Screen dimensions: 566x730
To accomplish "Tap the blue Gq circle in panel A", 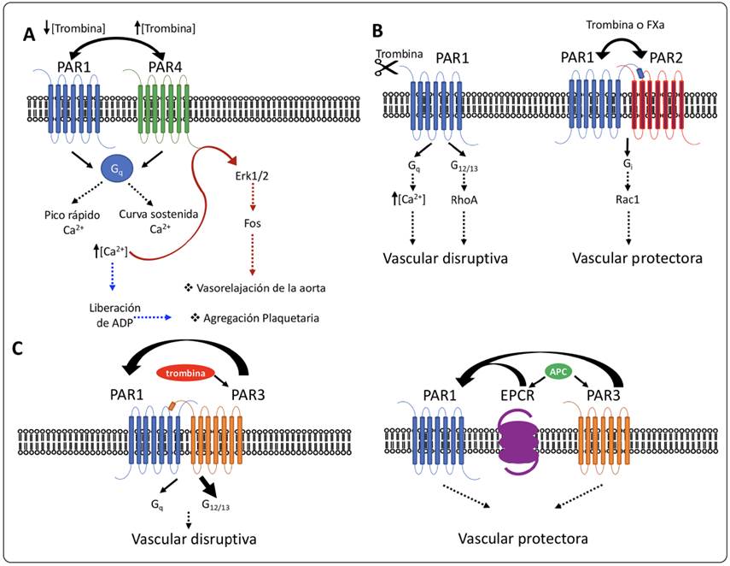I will coord(116,168).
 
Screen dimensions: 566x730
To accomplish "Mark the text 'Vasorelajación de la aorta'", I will coord(259,287).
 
